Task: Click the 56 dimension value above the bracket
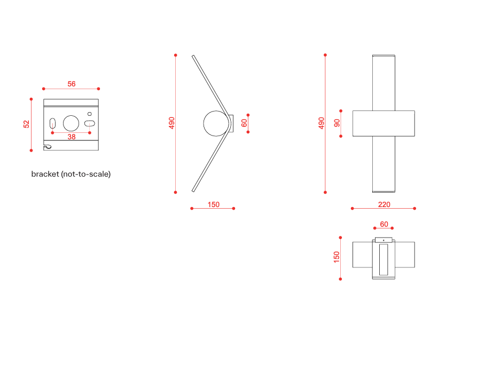coord(72,84)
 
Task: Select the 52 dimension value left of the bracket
coord(26,124)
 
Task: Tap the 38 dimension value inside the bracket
coord(72,137)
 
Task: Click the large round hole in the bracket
coord(71,123)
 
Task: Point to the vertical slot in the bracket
coord(52,123)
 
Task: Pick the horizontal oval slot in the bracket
coord(90,123)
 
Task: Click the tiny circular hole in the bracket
coord(90,114)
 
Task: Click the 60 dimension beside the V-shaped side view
coord(244,123)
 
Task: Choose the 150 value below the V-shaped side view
coord(213,204)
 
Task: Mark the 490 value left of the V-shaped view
coord(171,123)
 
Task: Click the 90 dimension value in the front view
coord(337,123)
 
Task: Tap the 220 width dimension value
coord(384,204)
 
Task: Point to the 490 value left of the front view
coord(321,123)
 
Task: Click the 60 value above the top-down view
coord(384,224)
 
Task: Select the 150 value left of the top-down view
coord(337,257)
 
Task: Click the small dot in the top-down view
coord(384,240)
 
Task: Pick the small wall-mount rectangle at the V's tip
coord(231,123)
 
